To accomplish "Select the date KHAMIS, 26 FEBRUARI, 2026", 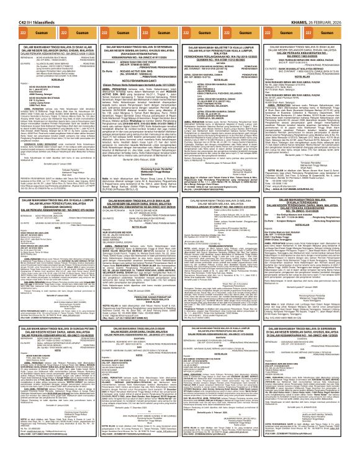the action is [331, 4].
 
